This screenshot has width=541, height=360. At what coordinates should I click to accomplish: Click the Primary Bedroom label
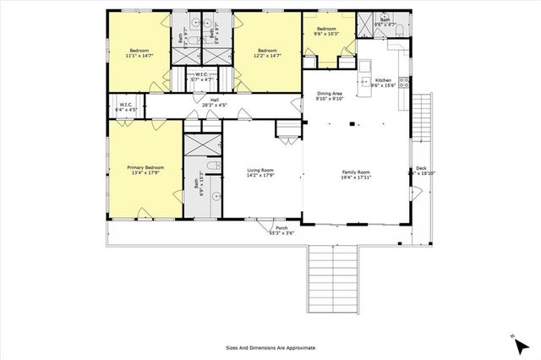(x=145, y=167)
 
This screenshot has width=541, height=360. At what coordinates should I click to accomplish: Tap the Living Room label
(x=260, y=171)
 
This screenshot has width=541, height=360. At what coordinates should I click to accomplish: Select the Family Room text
(x=356, y=172)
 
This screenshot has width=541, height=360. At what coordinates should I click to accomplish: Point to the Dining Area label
(x=330, y=93)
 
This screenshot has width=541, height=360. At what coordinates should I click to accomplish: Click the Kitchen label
(x=383, y=79)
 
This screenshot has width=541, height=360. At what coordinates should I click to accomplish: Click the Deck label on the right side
(x=421, y=168)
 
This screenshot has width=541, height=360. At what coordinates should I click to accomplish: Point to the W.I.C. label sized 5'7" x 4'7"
(x=202, y=74)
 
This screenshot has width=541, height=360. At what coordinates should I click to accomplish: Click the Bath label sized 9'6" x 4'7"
(x=385, y=21)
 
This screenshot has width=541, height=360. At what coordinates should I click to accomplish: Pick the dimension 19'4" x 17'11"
(x=356, y=177)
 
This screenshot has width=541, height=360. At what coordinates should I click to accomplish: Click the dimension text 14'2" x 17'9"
(x=260, y=176)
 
